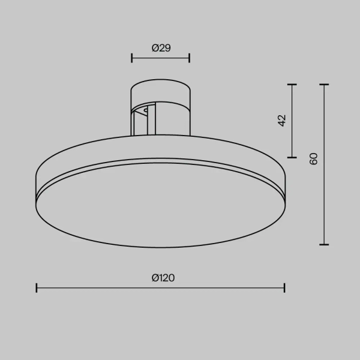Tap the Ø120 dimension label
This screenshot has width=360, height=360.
pyautogui.click(x=163, y=278)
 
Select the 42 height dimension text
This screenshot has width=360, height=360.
pyautogui.click(x=282, y=121)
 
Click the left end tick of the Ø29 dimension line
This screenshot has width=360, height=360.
pyautogui.click(x=131, y=58)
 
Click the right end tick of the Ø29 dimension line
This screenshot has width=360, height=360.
pyautogui.click(x=190, y=58)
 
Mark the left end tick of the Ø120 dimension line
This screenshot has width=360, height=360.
pyautogui.click(x=37, y=288)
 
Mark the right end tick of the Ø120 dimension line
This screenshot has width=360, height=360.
pyautogui.click(x=284, y=288)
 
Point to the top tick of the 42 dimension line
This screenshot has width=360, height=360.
pyautogui.click(x=292, y=85)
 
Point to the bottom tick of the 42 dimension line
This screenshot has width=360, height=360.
pyautogui.click(x=292, y=157)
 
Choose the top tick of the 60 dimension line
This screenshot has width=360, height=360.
pyautogui.click(x=324, y=85)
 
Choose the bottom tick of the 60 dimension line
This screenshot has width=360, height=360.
pyautogui.click(x=324, y=244)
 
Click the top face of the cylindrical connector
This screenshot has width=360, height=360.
pyautogui.click(x=161, y=87)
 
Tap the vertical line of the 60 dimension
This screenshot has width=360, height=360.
pyautogui.click(x=324, y=198)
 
